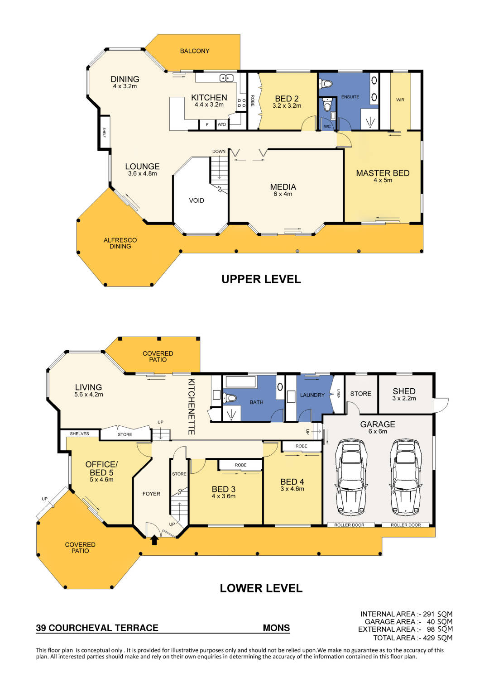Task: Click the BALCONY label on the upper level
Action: pos(195,51)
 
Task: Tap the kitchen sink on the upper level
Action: pos(226,78)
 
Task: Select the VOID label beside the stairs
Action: pos(197,200)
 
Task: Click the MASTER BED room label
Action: pos(383,173)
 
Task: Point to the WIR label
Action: pos(400,100)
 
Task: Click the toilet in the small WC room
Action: pos(327,105)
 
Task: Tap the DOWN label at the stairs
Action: pos(219,152)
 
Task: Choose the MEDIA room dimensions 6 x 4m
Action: pos(283,194)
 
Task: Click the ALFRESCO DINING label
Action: pos(120,243)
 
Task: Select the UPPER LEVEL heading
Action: pos(261,279)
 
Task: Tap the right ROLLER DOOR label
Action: pos(406,525)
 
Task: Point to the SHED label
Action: pos(404,391)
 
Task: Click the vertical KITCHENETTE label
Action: pos(192,406)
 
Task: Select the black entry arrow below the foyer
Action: pos(154,540)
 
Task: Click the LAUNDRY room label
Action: pos(312,395)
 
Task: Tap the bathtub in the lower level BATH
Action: pos(241,381)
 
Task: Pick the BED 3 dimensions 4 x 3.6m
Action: pos(224,496)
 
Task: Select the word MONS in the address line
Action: pos(276,628)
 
